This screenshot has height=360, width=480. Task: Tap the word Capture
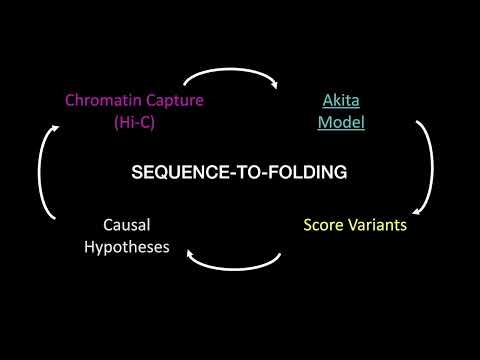click(x=172, y=100)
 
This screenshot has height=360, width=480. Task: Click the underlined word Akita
click(x=340, y=100)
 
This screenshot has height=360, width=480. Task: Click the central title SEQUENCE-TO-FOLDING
click(x=240, y=172)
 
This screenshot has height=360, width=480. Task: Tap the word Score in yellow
click(x=325, y=225)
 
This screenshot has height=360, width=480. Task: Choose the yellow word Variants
click(x=379, y=225)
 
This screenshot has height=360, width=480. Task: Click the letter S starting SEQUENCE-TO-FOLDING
click(x=137, y=172)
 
